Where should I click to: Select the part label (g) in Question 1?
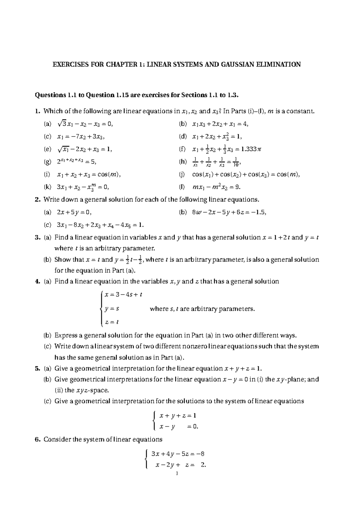[x=47, y=162]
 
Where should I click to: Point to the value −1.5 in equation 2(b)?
[x=258, y=212]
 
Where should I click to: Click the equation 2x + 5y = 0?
[x=74, y=212]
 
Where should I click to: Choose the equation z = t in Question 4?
[x=112, y=322]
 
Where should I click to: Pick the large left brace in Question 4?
[x=102, y=308]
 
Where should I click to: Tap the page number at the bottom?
[x=177, y=474]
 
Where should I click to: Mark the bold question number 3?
[x=37, y=237]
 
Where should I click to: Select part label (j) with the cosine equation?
[x=182, y=174]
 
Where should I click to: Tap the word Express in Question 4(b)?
[x=65, y=335]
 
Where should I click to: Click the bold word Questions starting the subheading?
[x=49, y=95]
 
